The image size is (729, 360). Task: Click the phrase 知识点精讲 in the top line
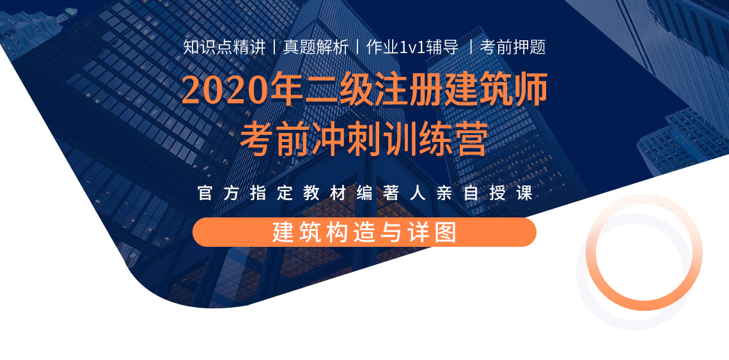click(x=224, y=47)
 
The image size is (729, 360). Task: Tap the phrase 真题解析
click(x=316, y=47)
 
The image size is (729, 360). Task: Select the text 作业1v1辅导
click(x=412, y=47)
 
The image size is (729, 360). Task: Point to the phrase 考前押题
click(x=512, y=47)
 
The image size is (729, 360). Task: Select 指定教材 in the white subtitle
click(x=299, y=194)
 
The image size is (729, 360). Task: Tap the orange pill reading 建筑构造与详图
click(x=364, y=232)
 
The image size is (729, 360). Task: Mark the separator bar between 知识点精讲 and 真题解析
click(x=274, y=47)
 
